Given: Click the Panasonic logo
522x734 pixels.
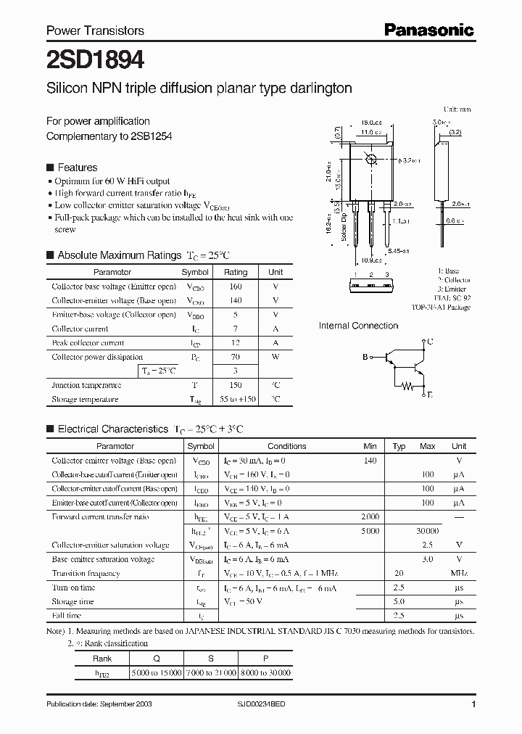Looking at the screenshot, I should (428, 30).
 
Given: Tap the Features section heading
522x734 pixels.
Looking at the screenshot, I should (78, 167).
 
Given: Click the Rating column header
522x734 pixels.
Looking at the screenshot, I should (236, 272).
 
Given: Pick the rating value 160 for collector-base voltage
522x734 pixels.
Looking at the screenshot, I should (236, 286).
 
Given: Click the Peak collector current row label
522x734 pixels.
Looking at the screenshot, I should (88, 343).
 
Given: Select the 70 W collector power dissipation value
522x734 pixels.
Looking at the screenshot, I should (236, 357).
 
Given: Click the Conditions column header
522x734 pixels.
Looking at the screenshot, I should (286, 446).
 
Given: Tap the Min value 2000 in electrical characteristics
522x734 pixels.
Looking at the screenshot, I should (370, 517).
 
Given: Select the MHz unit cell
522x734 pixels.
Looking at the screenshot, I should (459, 574).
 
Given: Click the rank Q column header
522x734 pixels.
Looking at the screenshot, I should (157, 659).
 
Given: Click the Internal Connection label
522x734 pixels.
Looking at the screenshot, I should (358, 326).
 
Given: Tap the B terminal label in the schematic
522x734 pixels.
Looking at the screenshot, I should (365, 357).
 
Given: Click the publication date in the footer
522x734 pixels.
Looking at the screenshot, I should (99, 704).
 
